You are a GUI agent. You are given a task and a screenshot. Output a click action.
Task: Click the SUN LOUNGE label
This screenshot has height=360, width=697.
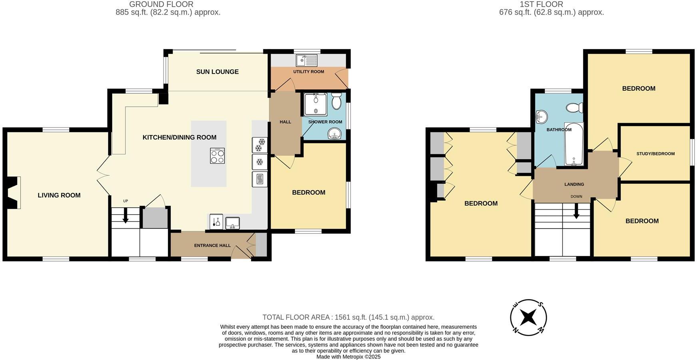217,72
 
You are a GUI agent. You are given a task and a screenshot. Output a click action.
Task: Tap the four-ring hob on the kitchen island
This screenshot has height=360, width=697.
217,155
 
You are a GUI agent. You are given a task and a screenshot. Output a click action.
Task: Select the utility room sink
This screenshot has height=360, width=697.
306,60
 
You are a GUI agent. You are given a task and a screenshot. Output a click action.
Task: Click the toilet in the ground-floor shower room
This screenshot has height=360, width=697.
336,101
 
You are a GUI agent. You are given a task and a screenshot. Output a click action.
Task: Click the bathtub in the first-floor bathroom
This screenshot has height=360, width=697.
574,144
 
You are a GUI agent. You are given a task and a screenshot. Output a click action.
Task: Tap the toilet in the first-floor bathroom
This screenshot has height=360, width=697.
575,107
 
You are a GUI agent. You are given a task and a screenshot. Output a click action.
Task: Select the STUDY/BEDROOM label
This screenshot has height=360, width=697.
655,154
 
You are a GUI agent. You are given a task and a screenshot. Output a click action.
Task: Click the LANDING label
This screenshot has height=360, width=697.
574,184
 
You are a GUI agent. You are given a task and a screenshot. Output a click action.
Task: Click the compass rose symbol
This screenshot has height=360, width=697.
528,317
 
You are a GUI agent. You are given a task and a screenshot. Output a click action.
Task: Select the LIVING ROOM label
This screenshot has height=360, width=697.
59,195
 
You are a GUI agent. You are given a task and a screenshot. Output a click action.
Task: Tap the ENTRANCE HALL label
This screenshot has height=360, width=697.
212,245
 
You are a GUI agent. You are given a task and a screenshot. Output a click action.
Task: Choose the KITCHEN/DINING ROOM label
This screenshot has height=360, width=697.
179,137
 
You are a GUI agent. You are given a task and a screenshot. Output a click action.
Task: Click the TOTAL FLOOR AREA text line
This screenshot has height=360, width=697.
348,317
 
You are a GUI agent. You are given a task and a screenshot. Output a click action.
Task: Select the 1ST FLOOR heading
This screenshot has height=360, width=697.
541,4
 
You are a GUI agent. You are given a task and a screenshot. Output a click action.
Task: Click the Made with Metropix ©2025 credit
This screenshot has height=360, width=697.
348,357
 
